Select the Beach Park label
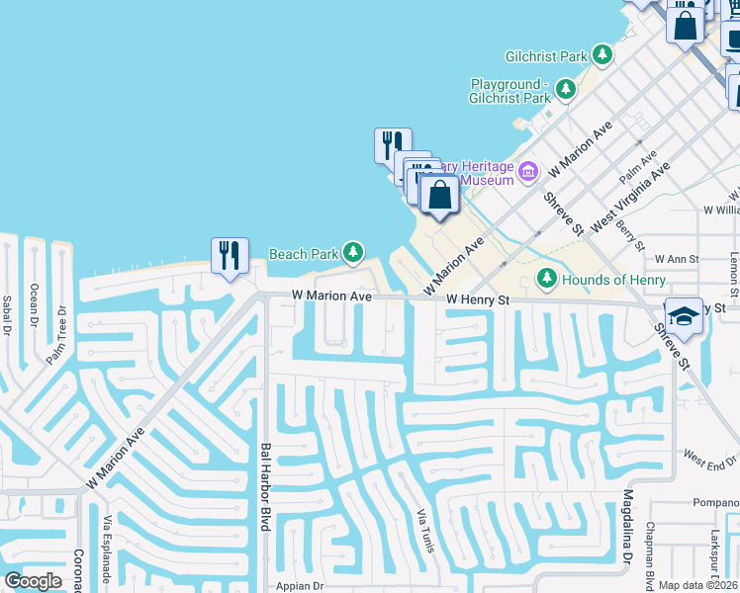coord(305,254)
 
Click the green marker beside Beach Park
coord(352,254)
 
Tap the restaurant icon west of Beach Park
coord(229,256)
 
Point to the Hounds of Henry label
coord(614,280)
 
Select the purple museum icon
coord(527,173)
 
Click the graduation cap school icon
coord(683,316)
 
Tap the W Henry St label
coord(477,299)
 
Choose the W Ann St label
coord(677,259)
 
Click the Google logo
coord(34,581)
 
